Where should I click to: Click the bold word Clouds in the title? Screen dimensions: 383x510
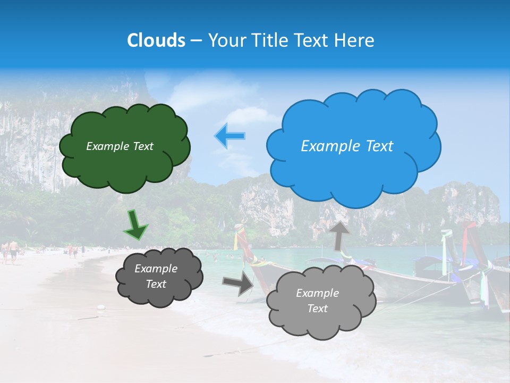[156, 40]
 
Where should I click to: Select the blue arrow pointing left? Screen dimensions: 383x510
[229, 136]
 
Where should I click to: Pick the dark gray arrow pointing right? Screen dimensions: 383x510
[239, 284]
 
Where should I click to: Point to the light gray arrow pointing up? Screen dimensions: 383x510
[339, 236]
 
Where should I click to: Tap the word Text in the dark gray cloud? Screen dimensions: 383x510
[156, 285]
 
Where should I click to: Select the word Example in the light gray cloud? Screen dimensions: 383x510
[317, 293]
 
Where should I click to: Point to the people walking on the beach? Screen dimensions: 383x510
[11, 250]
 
